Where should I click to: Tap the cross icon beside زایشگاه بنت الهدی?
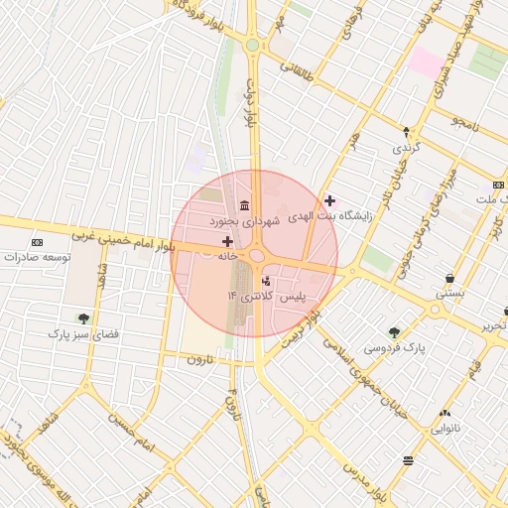[329, 200]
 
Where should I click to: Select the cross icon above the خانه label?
[228, 241]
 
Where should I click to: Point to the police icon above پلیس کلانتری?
[265, 281]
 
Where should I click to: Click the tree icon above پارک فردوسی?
[394, 332]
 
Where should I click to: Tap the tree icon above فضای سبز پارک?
[82, 318]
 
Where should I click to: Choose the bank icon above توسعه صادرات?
[38, 242]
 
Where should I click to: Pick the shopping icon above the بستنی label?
[450, 279]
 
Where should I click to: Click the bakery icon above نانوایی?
[444, 414]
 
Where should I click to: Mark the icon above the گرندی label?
[405, 132]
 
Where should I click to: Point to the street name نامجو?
[463, 125]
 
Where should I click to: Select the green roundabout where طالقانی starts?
[253, 46]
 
